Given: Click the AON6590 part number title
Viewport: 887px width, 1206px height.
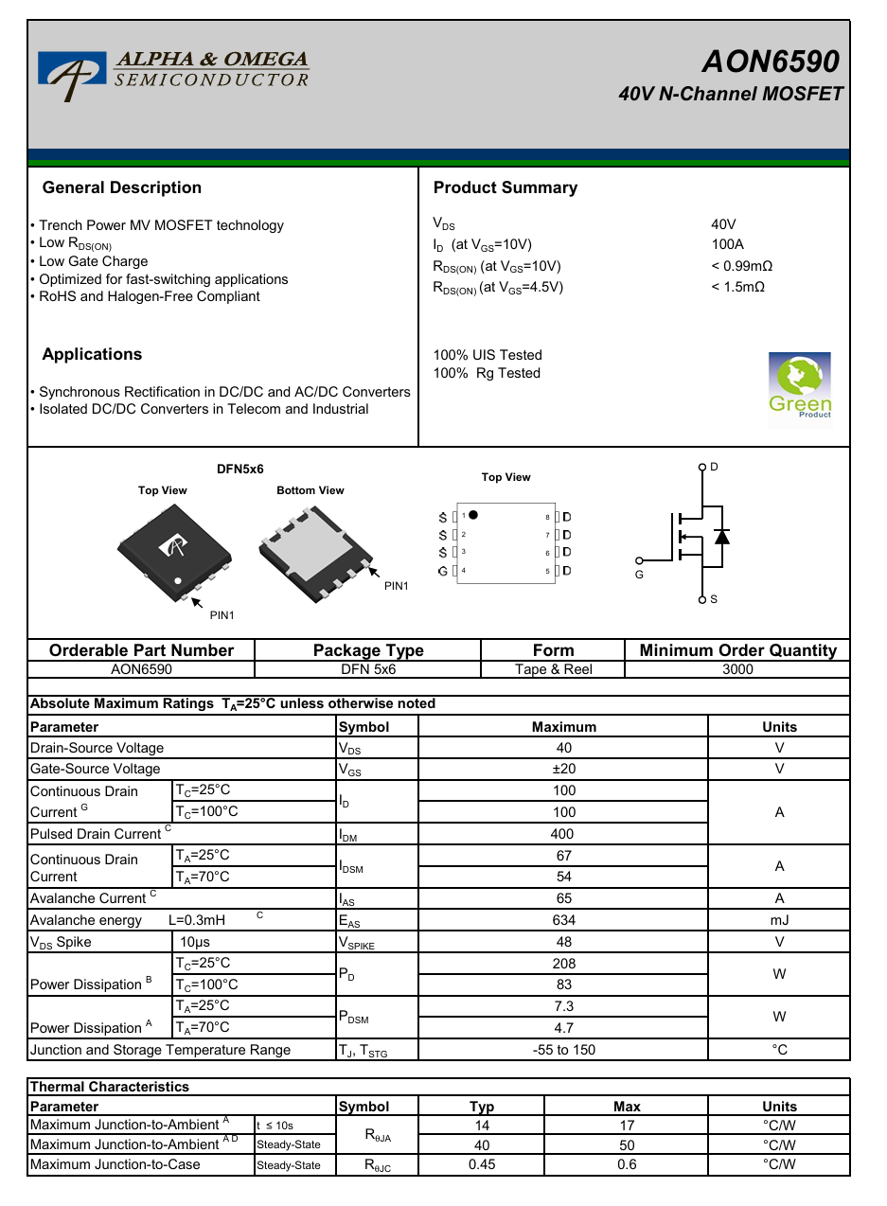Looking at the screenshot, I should (770, 62).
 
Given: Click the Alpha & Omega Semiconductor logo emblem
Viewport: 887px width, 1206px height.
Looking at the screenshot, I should (67, 75).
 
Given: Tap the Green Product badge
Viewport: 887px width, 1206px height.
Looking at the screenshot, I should (800, 385).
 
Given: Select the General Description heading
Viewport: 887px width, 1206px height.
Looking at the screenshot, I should (122, 187).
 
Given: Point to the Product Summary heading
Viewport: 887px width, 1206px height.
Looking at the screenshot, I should (505, 187).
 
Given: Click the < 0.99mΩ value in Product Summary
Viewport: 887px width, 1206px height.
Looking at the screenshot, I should (741, 266).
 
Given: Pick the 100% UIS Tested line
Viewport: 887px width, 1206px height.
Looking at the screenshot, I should (488, 355).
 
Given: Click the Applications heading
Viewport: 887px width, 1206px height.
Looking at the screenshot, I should (92, 354).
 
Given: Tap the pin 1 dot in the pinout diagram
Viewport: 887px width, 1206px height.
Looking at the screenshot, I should (473, 515).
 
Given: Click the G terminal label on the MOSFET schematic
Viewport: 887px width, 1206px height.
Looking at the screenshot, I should (639, 575).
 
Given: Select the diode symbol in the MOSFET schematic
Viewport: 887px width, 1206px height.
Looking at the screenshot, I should (721, 537).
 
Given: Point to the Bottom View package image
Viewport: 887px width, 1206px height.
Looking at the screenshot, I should (312, 554).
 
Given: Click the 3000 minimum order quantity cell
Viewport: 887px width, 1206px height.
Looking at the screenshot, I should (737, 669).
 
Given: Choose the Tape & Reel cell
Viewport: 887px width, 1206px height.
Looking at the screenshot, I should (553, 669).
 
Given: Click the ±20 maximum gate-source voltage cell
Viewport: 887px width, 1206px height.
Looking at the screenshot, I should (563, 769).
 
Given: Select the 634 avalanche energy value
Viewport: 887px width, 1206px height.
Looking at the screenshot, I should (563, 920).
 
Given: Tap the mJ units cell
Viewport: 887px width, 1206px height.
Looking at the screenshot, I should (779, 920).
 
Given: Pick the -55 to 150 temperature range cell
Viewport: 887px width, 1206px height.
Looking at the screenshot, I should (563, 1050).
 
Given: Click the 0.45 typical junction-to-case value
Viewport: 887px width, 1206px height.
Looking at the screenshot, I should (481, 1164).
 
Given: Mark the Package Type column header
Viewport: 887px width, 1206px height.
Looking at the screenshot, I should (368, 650).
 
